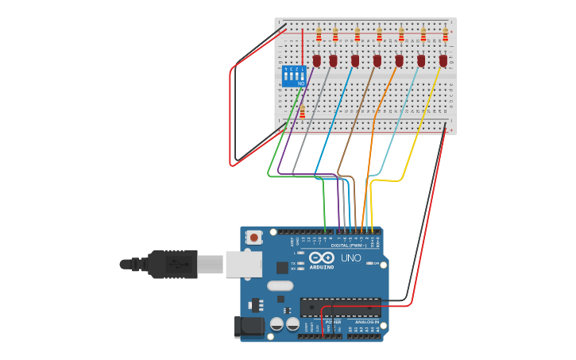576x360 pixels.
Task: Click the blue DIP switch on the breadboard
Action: (x=294, y=75)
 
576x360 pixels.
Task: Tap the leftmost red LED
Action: (x=316, y=60)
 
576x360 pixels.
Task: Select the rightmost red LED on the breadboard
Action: (x=443, y=60)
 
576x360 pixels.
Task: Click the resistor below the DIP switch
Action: (x=302, y=112)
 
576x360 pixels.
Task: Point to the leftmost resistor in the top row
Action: (x=319, y=34)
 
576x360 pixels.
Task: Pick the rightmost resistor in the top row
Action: (x=445, y=34)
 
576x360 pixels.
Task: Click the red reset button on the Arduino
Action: (x=253, y=237)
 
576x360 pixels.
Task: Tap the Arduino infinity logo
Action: (x=322, y=257)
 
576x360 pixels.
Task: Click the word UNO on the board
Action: (x=350, y=258)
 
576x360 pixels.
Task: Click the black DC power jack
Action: (x=249, y=327)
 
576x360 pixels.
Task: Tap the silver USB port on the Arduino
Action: (x=243, y=264)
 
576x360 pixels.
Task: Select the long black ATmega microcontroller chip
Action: (x=340, y=307)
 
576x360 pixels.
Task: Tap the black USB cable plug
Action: (x=172, y=264)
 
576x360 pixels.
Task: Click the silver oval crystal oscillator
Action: (x=280, y=285)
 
